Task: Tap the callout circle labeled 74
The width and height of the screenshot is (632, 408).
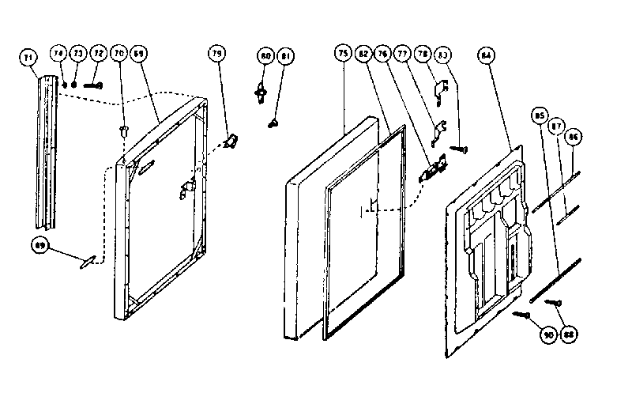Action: coord(58,54)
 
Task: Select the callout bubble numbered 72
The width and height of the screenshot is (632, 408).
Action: coord(97,54)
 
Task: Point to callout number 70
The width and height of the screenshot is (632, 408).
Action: coord(119,54)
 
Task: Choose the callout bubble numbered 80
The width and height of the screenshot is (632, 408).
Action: coord(265,56)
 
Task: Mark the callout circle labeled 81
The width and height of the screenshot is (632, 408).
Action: coord(284,56)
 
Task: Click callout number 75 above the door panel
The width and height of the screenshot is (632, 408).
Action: coord(343,54)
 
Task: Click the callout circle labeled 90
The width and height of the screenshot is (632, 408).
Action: coord(547,335)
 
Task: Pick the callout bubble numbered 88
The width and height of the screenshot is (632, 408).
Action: coord(567,335)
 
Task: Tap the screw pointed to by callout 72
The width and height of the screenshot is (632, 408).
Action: coord(96,83)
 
